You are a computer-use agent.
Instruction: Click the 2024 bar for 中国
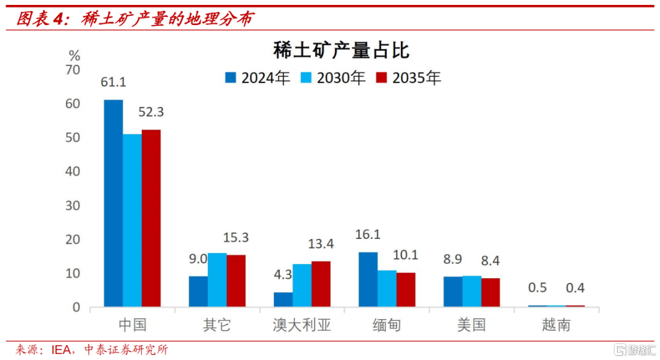point(113,203)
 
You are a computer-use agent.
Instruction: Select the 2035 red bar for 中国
point(151,218)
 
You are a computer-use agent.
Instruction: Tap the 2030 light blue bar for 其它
point(217,280)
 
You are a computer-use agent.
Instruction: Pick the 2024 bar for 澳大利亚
point(283,299)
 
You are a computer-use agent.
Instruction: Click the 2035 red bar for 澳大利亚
point(321,284)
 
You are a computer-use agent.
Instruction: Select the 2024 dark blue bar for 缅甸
point(368,279)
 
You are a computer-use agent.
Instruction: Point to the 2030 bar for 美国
point(472,291)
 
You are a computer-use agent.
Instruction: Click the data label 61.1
point(114,83)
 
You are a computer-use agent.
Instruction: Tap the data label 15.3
point(237,238)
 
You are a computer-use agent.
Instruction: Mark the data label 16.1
point(368,235)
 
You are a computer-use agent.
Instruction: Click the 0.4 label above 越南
point(575,288)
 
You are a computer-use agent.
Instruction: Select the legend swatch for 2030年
point(306,78)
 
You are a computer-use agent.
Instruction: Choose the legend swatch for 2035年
point(381,78)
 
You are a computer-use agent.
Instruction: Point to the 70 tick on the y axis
point(73,70)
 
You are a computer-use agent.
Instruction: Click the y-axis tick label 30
point(73,206)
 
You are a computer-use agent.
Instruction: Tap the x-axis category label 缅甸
point(387,325)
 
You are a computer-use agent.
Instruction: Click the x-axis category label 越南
point(556,325)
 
